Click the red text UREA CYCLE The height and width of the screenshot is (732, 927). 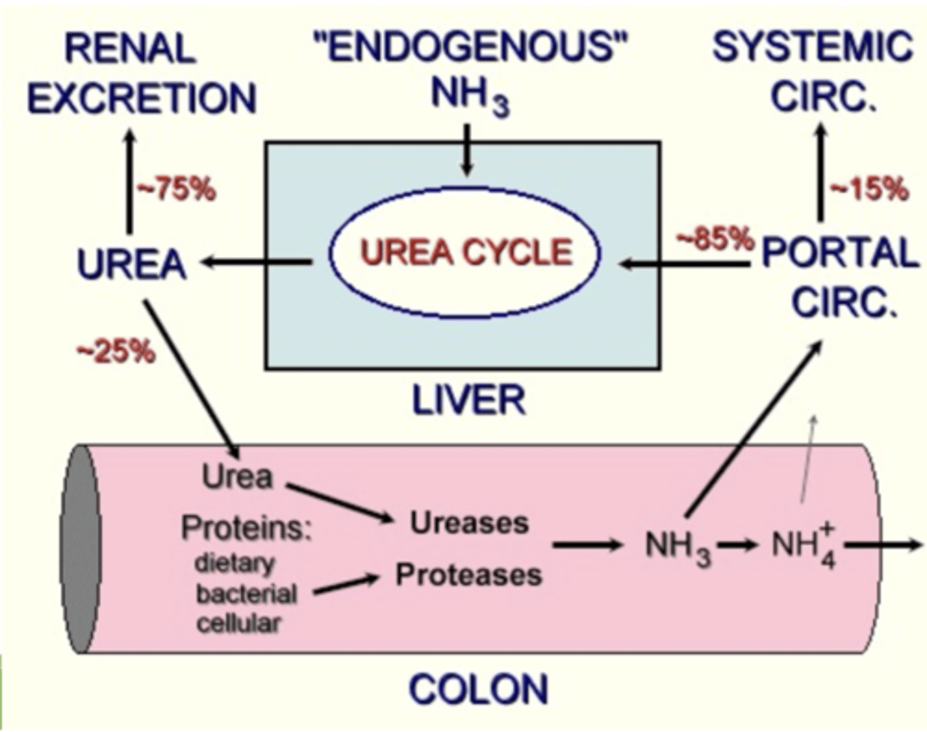[465, 252]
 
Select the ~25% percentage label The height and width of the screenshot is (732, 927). [116, 352]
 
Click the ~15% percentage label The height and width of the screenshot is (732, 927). [869, 189]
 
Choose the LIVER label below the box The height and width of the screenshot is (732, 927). [468, 400]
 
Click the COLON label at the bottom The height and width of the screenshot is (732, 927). [478, 689]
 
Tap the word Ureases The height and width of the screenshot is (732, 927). [469, 523]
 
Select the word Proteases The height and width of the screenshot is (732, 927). [468, 574]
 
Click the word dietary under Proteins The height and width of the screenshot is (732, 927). [234, 563]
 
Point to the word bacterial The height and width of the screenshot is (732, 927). [246, 594]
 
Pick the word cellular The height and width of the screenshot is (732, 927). [238, 623]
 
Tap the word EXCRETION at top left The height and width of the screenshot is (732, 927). [142, 99]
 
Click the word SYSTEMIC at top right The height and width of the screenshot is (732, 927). [812, 47]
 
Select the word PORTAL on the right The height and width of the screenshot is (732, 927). [839, 253]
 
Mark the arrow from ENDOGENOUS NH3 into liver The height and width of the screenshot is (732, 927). [468, 149]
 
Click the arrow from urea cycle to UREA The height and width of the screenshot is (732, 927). [257, 262]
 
